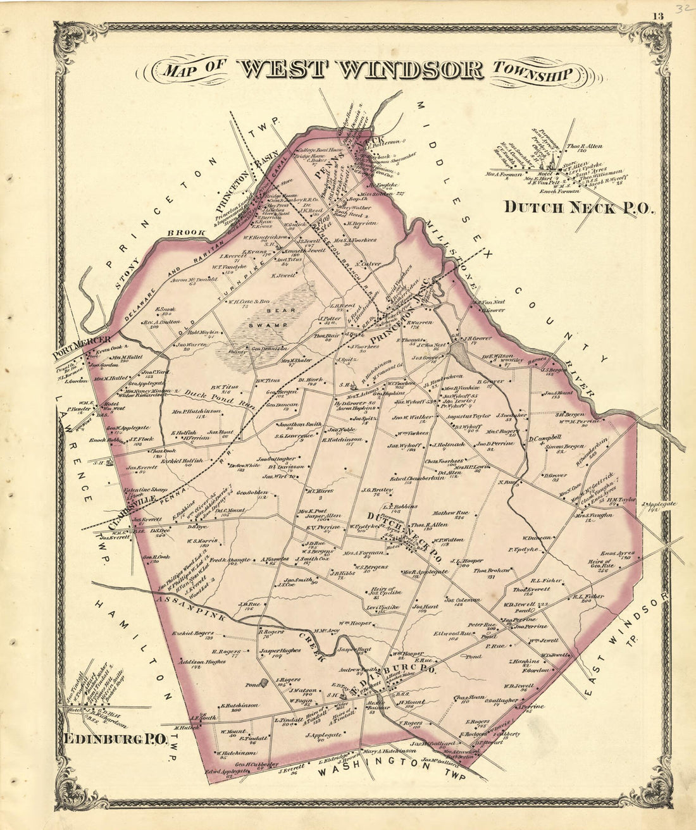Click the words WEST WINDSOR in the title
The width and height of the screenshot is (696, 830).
360,70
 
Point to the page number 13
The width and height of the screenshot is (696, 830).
658,16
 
